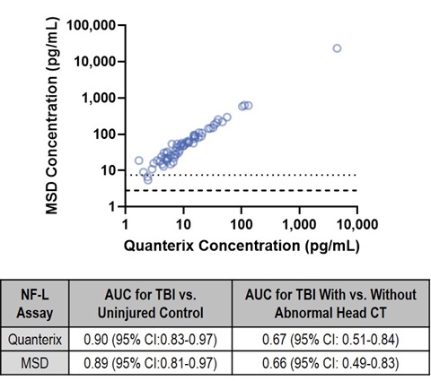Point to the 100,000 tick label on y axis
(91, 25)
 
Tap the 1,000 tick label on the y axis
(99, 98)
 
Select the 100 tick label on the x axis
(242, 224)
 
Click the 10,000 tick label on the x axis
(357, 224)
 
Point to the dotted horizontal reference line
(244, 175)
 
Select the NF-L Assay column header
(35, 304)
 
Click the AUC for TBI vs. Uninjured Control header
(151, 304)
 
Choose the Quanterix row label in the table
(35, 340)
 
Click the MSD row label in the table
(35, 363)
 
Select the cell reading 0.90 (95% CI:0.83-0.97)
(150, 340)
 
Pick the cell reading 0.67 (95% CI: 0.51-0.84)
(330, 340)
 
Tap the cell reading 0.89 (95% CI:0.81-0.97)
(150, 363)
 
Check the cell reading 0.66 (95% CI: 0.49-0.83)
(330, 363)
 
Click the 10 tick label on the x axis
(183, 224)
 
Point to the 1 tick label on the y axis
(112, 206)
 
